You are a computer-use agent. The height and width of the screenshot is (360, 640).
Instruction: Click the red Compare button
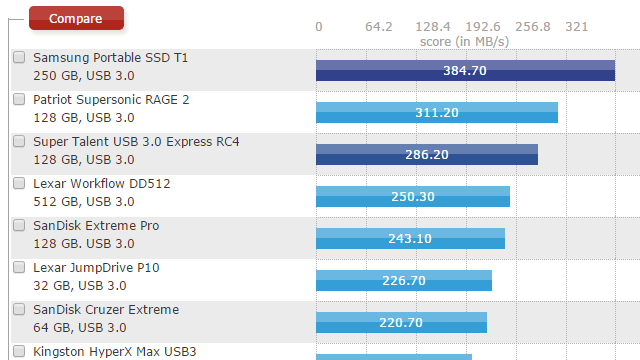76,18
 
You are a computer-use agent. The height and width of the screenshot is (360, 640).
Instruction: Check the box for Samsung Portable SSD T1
19,58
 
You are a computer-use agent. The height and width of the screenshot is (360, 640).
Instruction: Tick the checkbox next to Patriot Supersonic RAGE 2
19,100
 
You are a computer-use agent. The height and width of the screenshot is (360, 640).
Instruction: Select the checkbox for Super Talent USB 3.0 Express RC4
19,142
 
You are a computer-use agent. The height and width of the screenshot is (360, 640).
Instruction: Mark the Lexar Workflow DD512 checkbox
19,184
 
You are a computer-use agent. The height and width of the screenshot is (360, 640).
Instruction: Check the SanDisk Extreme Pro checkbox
19,226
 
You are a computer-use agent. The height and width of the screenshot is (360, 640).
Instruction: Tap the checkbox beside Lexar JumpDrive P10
19,268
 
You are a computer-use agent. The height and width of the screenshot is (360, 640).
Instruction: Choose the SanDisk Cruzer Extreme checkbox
19,310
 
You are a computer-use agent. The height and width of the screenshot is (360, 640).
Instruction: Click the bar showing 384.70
465,70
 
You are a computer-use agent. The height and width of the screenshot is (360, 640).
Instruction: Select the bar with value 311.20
436,112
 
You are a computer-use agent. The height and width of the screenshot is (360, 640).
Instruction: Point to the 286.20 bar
427,154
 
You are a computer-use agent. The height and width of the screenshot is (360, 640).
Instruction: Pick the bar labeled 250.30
413,196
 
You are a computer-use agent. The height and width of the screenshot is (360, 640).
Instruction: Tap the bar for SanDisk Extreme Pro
410,238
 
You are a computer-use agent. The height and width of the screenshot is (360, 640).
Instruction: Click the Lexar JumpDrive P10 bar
404,280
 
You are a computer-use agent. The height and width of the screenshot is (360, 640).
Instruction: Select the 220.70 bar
401,322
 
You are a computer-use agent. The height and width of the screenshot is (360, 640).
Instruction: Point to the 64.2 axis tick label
379,26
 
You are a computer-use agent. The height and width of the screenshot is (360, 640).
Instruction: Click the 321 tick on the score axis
577,26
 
